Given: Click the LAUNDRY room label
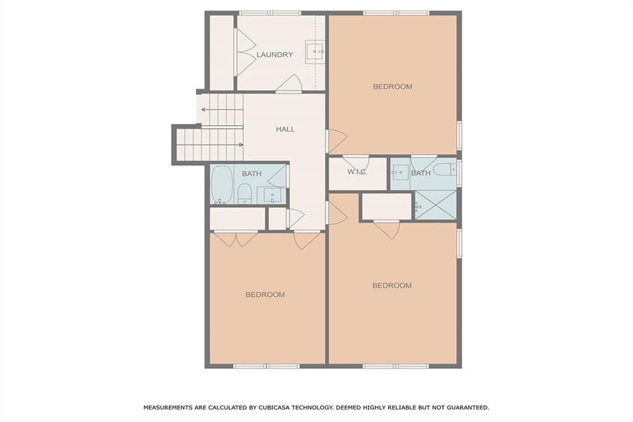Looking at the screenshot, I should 274,54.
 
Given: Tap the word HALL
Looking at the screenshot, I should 285,129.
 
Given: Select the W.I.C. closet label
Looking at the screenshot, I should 357,172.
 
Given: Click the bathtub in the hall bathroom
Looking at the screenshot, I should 221,184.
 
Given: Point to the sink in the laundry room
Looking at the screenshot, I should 315,51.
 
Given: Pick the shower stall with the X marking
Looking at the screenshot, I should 436,205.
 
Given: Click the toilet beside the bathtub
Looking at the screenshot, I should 244,193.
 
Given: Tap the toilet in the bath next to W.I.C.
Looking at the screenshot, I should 444,169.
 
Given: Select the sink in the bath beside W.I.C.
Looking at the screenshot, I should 399,173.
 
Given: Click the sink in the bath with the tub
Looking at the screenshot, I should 272,195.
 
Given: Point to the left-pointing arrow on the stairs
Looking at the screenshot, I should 203,110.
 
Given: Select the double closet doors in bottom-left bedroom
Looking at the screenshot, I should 236,239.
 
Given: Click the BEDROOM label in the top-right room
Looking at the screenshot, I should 392,87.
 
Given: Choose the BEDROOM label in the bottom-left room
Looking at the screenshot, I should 265,295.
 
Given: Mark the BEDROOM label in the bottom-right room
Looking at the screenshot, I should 392,285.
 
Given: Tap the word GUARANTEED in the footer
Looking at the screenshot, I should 465,408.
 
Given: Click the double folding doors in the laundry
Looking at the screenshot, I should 245,52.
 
